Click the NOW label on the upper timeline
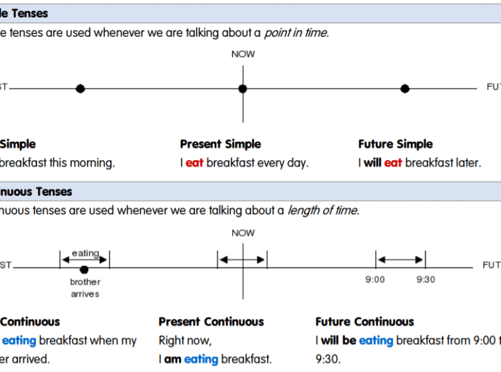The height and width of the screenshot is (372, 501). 243,54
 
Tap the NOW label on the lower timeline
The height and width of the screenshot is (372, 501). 243,233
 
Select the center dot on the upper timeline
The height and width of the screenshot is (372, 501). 243,88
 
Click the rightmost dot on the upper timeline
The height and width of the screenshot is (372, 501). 405,88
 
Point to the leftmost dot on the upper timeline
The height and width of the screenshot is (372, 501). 80,88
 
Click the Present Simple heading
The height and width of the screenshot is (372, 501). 220,144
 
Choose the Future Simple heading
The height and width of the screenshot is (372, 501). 395,144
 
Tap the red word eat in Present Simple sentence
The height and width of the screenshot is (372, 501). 194,163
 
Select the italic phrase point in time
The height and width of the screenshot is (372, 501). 296,33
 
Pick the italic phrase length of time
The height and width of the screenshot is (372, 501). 322,210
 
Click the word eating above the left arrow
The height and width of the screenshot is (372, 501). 85,253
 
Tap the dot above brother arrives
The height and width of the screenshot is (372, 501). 84,270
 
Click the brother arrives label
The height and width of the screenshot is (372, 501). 85,288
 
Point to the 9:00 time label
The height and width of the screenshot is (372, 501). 375,279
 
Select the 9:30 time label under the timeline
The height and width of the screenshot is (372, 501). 425,279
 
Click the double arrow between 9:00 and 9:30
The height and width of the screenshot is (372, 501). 400,260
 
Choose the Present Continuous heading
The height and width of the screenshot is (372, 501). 211,322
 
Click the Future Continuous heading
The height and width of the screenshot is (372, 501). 365,322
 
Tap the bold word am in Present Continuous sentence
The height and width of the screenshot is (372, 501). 173,359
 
